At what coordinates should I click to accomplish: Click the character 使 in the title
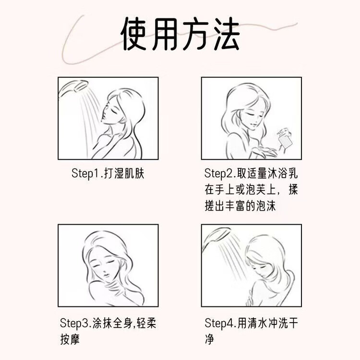tap(133, 34)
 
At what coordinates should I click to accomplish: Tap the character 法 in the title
tap(227, 34)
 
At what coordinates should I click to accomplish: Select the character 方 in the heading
tap(196, 34)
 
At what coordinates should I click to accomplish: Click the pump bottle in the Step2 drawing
tap(285, 138)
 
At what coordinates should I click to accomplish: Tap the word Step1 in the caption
tap(85, 174)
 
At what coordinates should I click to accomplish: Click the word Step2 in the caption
tap(218, 174)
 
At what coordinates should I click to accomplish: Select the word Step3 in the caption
tap(74, 323)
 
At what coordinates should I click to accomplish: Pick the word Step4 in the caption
tap(219, 323)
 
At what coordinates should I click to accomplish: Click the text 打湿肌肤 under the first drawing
tap(124, 173)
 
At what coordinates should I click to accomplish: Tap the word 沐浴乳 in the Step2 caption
tap(283, 173)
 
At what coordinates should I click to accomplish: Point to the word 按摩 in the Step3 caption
tap(70, 339)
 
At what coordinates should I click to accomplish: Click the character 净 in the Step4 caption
tap(209, 339)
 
